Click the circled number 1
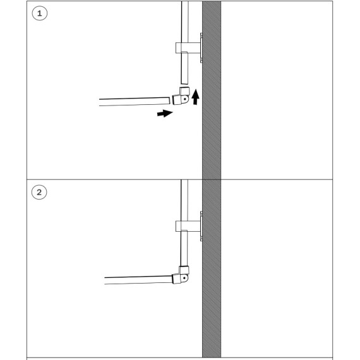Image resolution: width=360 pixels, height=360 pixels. (40, 13)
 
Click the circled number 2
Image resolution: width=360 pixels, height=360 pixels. (39, 192)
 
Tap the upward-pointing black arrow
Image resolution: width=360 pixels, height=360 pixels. (196, 97)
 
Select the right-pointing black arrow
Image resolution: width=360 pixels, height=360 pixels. (165, 113)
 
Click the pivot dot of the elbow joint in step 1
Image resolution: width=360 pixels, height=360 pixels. (184, 99)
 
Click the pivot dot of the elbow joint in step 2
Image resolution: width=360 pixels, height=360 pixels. (184, 278)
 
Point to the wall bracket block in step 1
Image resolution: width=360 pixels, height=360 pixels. (188, 48)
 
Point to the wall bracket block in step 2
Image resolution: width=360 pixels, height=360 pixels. (188, 226)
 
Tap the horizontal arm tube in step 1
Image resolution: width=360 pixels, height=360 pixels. (135, 102)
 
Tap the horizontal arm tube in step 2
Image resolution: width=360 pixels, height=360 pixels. (138, 280)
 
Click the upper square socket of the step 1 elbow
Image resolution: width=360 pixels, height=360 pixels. (184, 91)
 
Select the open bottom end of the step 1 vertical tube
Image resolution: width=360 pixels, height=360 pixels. (184, 83)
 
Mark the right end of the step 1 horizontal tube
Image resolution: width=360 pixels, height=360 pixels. (169, 101)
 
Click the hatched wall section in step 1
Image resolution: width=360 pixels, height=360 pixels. (212, 90)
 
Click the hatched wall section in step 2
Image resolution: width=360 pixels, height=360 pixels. (212, 268)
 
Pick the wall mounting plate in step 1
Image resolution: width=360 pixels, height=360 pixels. (201, 48)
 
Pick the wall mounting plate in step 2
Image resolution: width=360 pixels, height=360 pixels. (201, 226)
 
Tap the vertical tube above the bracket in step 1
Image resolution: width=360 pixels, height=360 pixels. (185, 22)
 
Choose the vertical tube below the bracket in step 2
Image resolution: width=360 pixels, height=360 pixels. (184, 249)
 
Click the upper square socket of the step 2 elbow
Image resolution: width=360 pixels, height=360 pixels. (184, 270)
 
